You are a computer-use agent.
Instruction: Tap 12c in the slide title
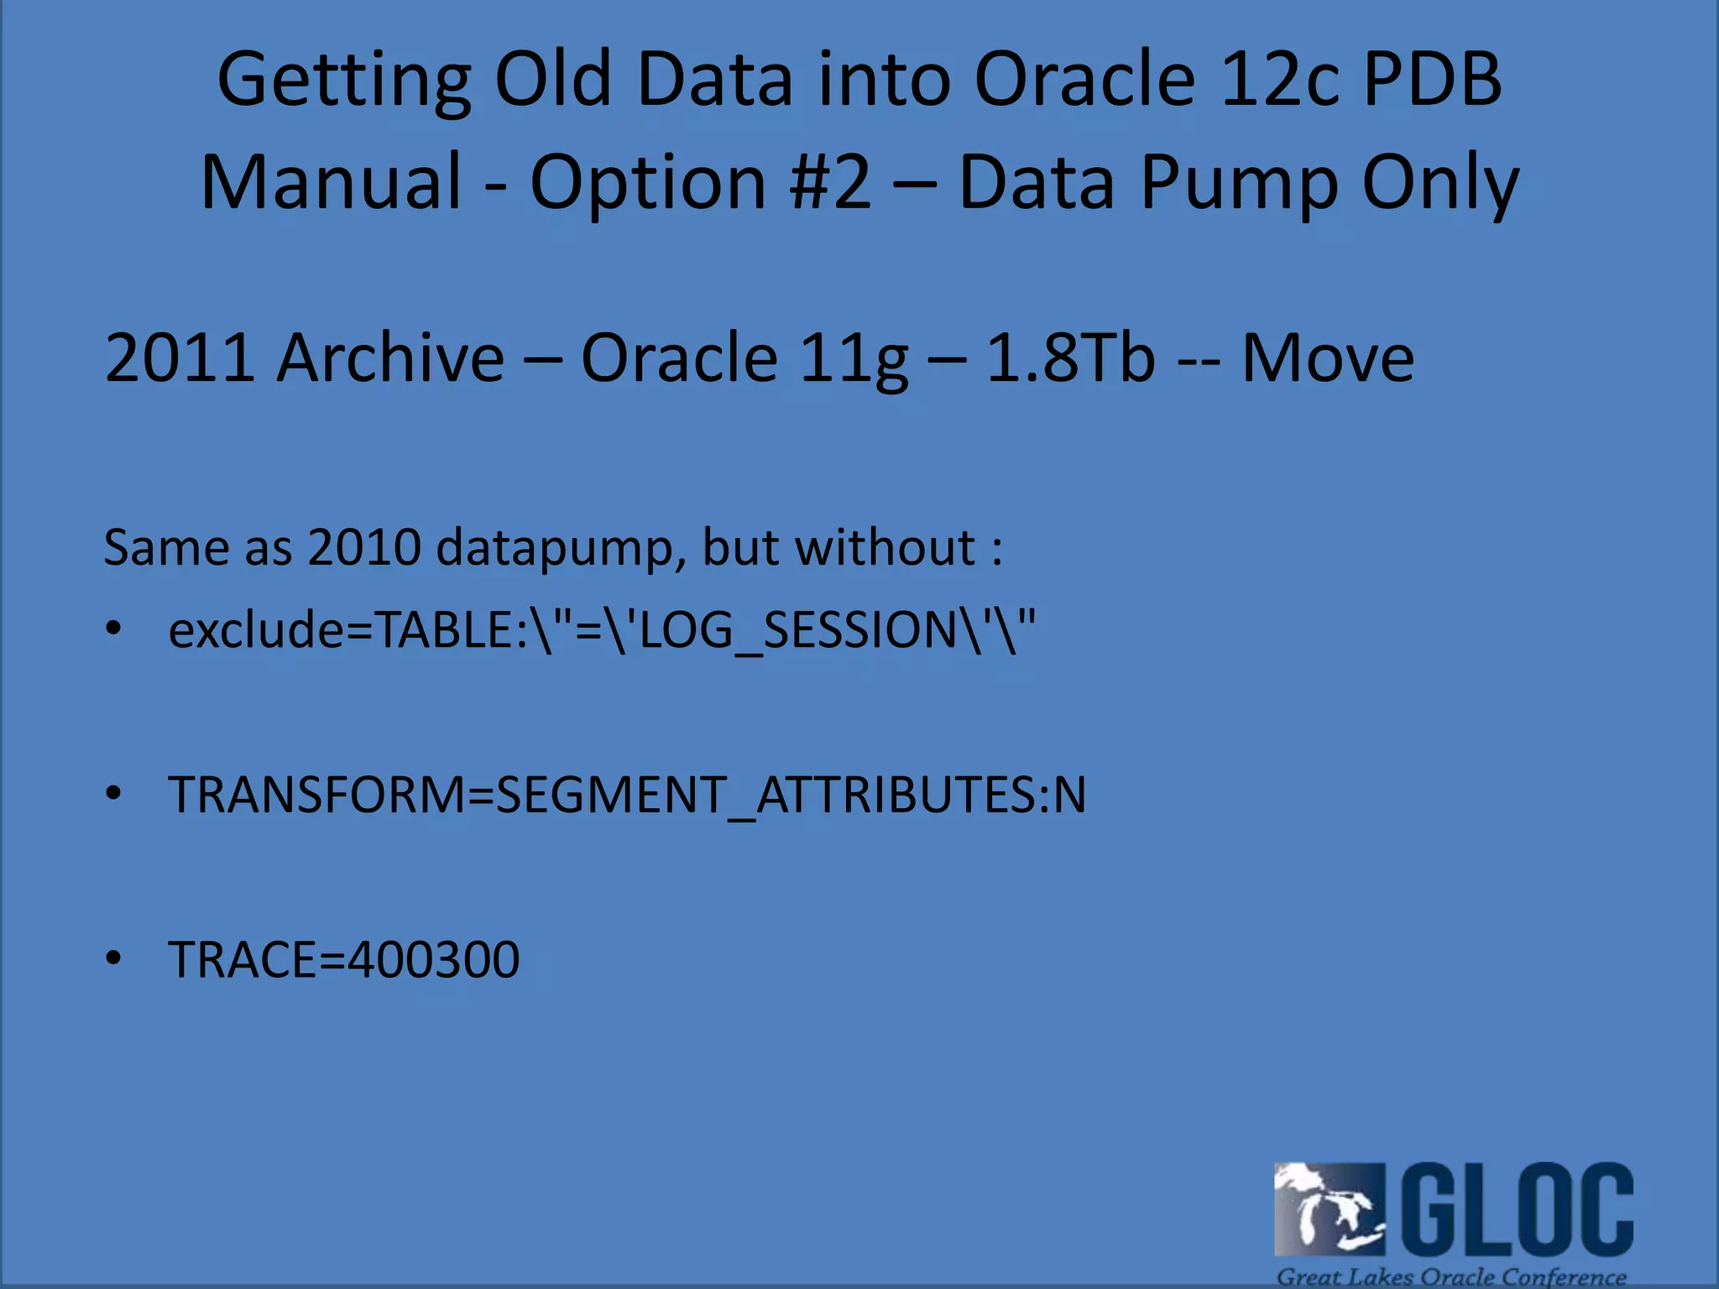coord(1277,80)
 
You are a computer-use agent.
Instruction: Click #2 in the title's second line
coord(830,182)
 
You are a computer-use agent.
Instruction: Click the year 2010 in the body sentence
coord(363,548)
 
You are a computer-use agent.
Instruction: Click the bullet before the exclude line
coord(114,629)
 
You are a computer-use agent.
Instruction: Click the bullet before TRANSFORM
coord(114,794)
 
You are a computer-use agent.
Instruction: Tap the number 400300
coord(433,960)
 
